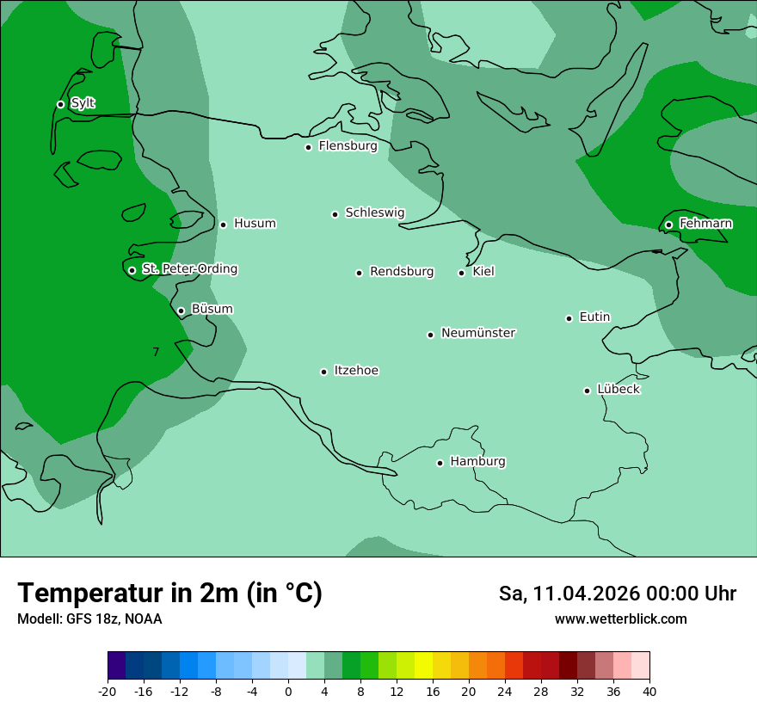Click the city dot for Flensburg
click(x=308, y=147)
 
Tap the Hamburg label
click(x=477, y=461)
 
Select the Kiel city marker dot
click(x=461, y=273)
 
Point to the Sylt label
click(x=83, y=103)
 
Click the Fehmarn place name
click(x=705, y=224)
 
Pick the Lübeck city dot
click(x=587, y=391)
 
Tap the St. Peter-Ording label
click(x=189, y=268)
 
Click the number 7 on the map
click(x=156, y=352)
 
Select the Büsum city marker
click(x=181, y=311)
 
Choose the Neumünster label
click(x=478, y=333)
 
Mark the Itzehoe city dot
click(x=323, y=372)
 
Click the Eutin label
click(x=594, y=317)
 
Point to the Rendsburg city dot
click(x=359, y=273)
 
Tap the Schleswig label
click(x=374, y=212)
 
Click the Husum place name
click(x=255, y=224)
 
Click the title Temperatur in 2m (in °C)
click(x=169, y=593)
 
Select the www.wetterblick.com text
click(x=620, y=619)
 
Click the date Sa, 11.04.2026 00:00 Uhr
click(x=617, y=594)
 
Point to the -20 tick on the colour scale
click(x=108, y=692)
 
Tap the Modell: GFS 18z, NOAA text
click(x=89, y=619)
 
